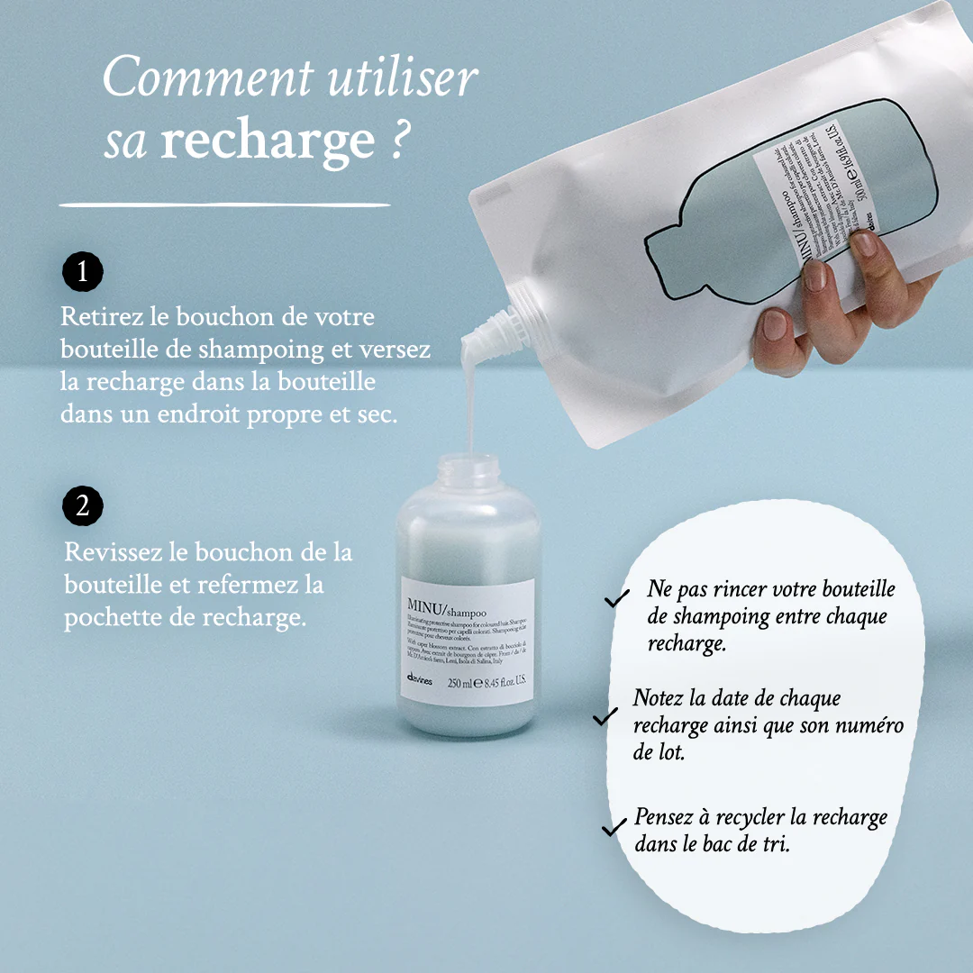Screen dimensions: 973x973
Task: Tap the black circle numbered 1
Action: click(x=83, y=271)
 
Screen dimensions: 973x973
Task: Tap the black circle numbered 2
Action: click(x=83, y=506)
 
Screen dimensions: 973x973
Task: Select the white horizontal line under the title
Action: click(x=225, y=205)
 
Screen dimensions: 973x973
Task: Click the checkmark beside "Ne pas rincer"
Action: click(x=617, y=598)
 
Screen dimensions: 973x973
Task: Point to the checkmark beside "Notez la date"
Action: click(x=605, y=716)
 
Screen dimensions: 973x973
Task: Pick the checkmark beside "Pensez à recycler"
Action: click(x=614, y=826)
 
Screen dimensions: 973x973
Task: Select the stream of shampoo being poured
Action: click(x=468, y=396)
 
